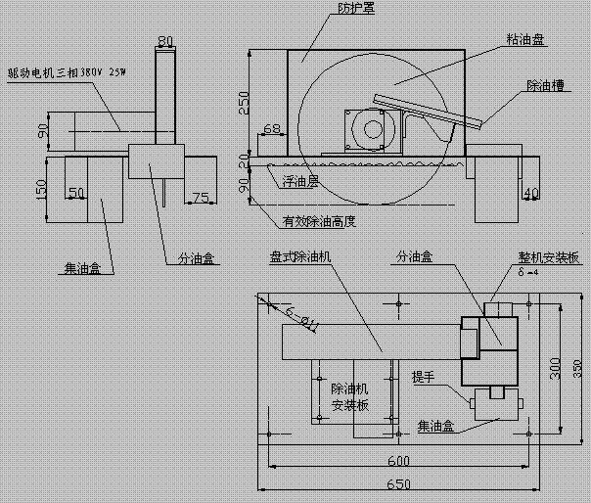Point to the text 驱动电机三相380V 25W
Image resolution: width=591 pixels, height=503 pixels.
(68, 71)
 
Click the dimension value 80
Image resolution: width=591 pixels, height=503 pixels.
(165, 41)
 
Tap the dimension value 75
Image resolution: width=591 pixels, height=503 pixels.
(201, 197)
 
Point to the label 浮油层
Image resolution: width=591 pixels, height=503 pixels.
(300, 181)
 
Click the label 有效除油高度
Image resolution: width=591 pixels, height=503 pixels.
(317, 222)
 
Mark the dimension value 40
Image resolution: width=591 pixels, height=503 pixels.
(532, 192)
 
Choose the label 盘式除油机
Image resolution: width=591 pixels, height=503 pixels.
(302, 256)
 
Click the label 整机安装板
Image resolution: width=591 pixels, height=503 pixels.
(549, 257)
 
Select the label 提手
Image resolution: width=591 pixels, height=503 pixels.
(424, 378)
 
